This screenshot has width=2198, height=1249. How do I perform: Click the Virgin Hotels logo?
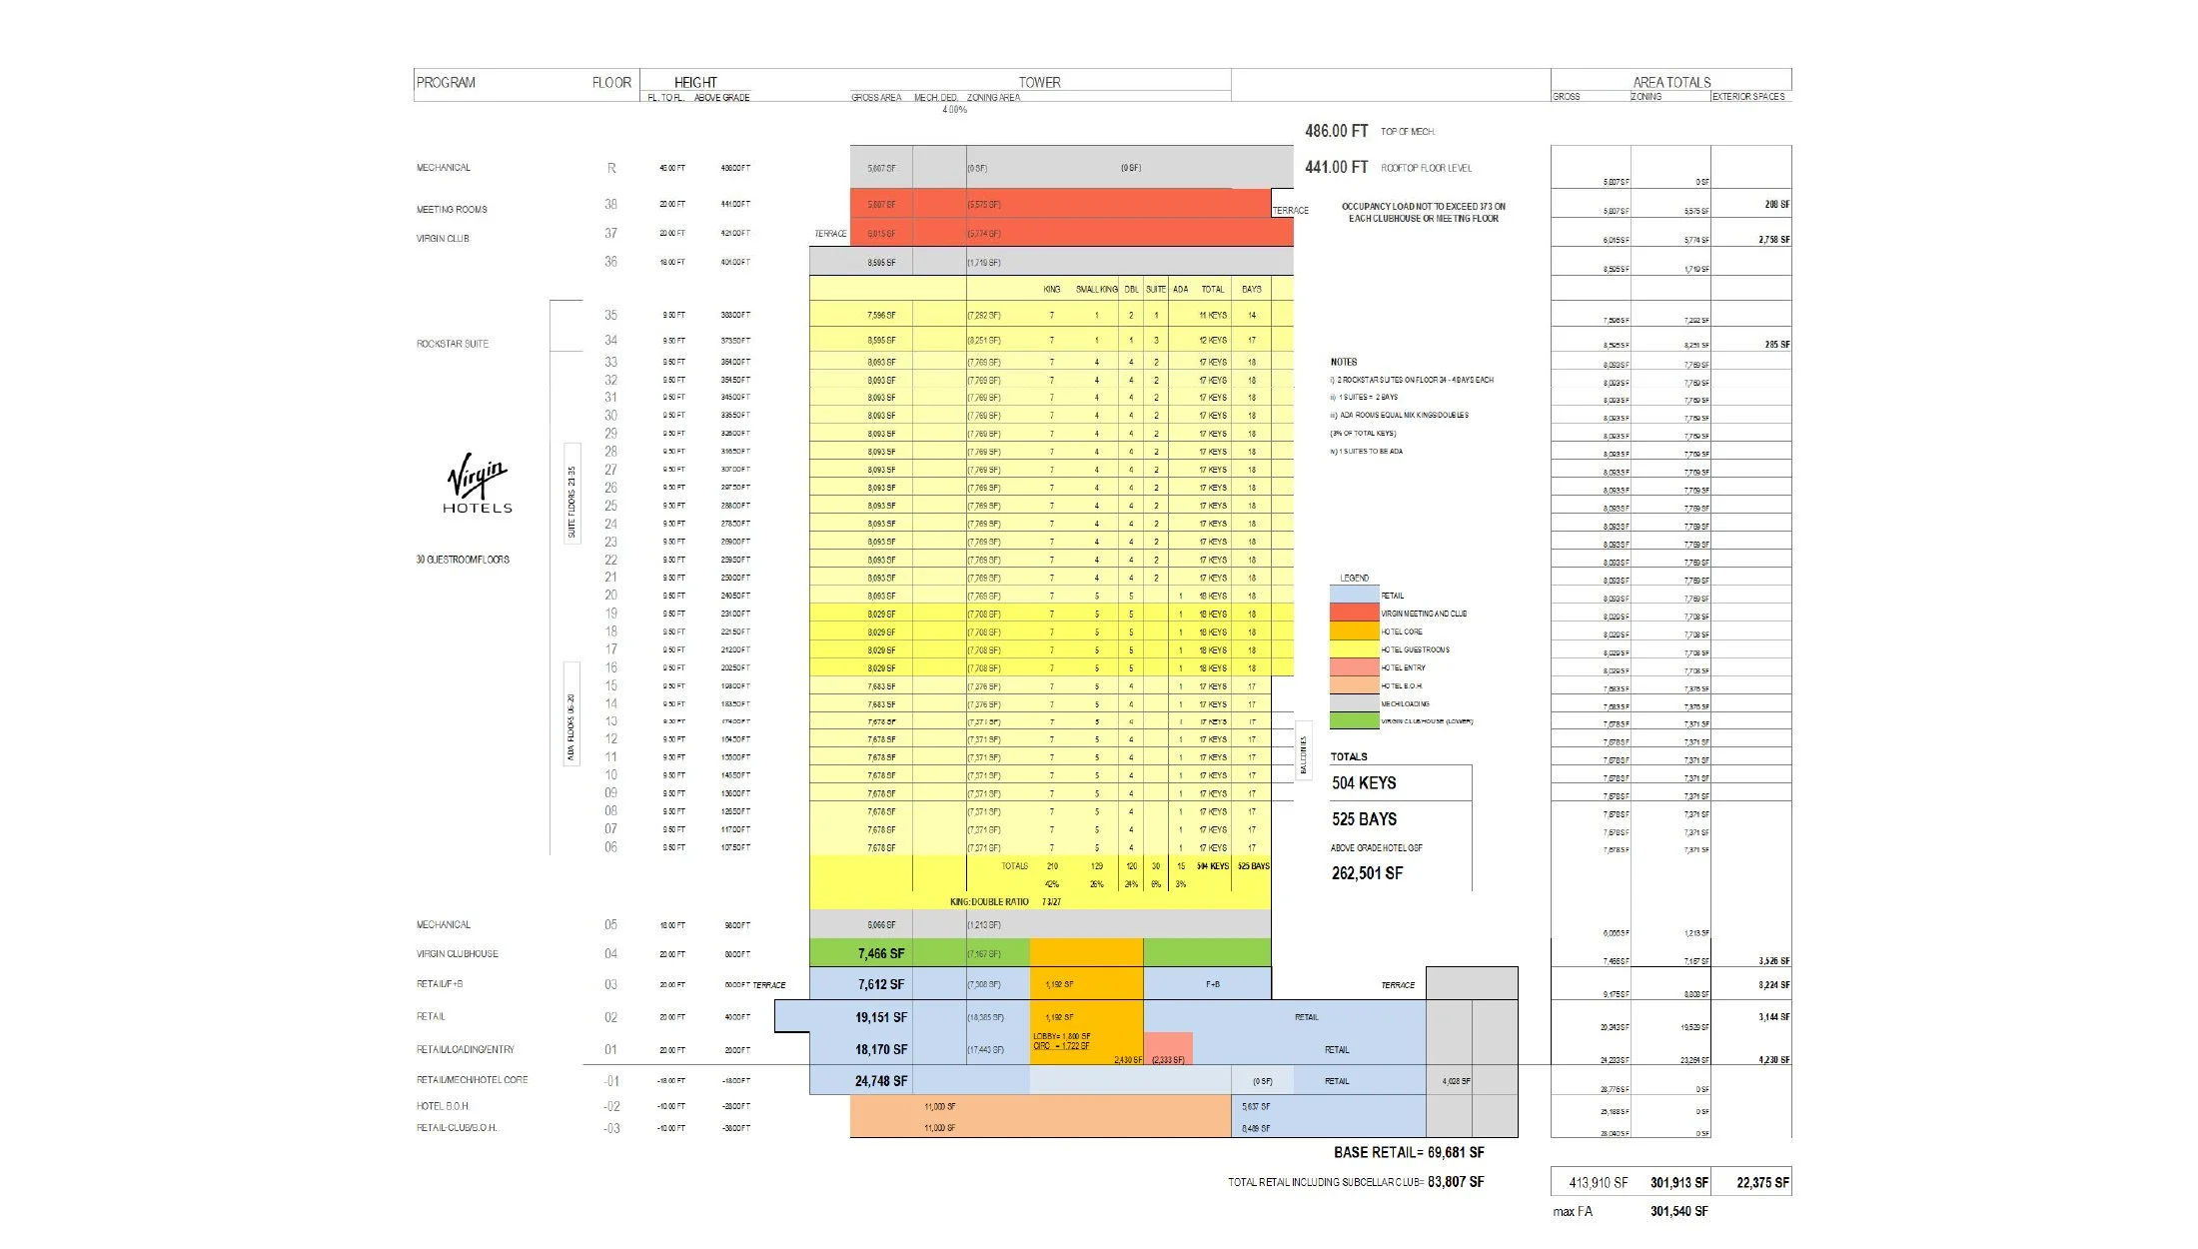pyautogui.click(x=478, y=484)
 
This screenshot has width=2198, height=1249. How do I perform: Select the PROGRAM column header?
pyautogui.click(x=446, y=83)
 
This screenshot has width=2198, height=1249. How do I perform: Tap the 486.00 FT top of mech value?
pyautogui.click(x=1336, y=131)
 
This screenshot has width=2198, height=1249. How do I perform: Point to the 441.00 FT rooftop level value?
pyautogui.click(x=1336, y=168)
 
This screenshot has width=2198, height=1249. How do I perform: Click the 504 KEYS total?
pyautogui.click(x=1364, y=783)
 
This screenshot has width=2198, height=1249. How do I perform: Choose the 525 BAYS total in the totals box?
pyautogui.click(x=1364, y=819)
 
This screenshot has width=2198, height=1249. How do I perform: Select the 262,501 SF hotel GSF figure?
pyautogui.click(x=1367, y=873)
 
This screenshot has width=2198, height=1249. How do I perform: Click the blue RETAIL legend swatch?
pyautogui.click(x=1354, y=596)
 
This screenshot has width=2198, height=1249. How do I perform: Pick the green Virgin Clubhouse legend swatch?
pyautogui.click(x=1354, y=721)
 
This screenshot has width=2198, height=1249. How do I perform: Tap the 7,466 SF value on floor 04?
pyautogui.click(x=880, y=954)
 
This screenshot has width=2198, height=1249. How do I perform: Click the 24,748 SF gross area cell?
pyautogui.click(x=880, y=1081)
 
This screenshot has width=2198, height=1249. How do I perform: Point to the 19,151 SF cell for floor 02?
pyautogui.click(x=880, y=1018)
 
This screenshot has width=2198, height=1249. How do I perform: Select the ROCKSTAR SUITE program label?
pyautogui.click(x=453, y=344)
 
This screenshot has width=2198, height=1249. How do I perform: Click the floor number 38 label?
pyautogui.click(x=610, y=204)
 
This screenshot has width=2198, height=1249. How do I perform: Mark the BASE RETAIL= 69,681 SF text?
pyautogui.click(x=1409, y=1153)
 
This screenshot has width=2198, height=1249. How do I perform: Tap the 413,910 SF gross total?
pyautogui.click(x=1598, y=1183)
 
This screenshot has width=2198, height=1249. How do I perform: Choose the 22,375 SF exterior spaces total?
pyautogui.click(x=1762, y=1183)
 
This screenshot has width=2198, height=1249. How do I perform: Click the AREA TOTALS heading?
pyautogui.click(x=1671, y=83)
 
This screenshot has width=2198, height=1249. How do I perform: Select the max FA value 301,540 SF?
pyautogui.click(x=1678, y=1212)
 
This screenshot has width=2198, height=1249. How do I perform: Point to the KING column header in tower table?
pyautogui.click(x=1051, y=290)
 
